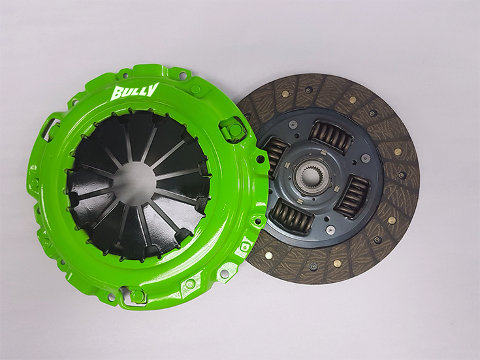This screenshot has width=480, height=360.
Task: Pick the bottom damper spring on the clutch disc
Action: [x=290, y=217]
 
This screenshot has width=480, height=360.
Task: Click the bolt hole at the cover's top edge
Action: [x=195, y=88]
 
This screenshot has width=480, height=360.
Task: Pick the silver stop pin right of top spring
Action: [x=366, y=157]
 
